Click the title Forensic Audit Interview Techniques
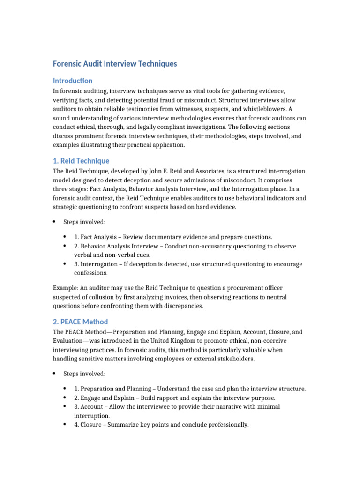tap(115, 64)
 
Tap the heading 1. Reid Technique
tap(81, 161)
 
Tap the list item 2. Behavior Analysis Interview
tap(185, 246)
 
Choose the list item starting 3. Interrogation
tap(188, 264)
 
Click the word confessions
tap(91, 273)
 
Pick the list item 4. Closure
tap(161, 425)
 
